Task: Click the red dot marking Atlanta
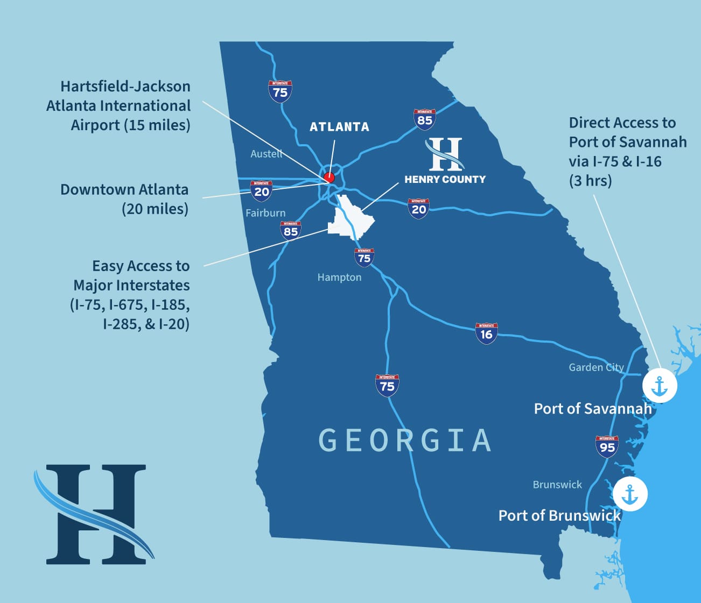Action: [x=330, y=178]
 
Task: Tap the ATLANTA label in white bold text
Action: [x=339, y=127]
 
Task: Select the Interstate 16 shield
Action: [x=486, y=334]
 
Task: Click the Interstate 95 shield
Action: [x=607, y=446]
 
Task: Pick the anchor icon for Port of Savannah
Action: [x=660, y=386]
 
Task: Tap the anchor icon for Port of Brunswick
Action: [x=629, y=494]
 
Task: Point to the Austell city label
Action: [x=267, y=154]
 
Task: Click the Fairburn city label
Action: [x=265, y=213]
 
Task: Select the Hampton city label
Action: [x=339, y=278]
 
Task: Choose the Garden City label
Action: [x=596, y=367]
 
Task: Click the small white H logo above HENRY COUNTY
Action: [x=445, y=154]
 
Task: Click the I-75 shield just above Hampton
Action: [x=364, y=258]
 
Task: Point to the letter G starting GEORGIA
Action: [x=328, y=441]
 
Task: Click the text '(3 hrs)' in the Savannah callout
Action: [x=590, y=181]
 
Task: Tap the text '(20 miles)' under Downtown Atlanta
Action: [x=155, y=209]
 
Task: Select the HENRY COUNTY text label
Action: [x=445, y=180]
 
